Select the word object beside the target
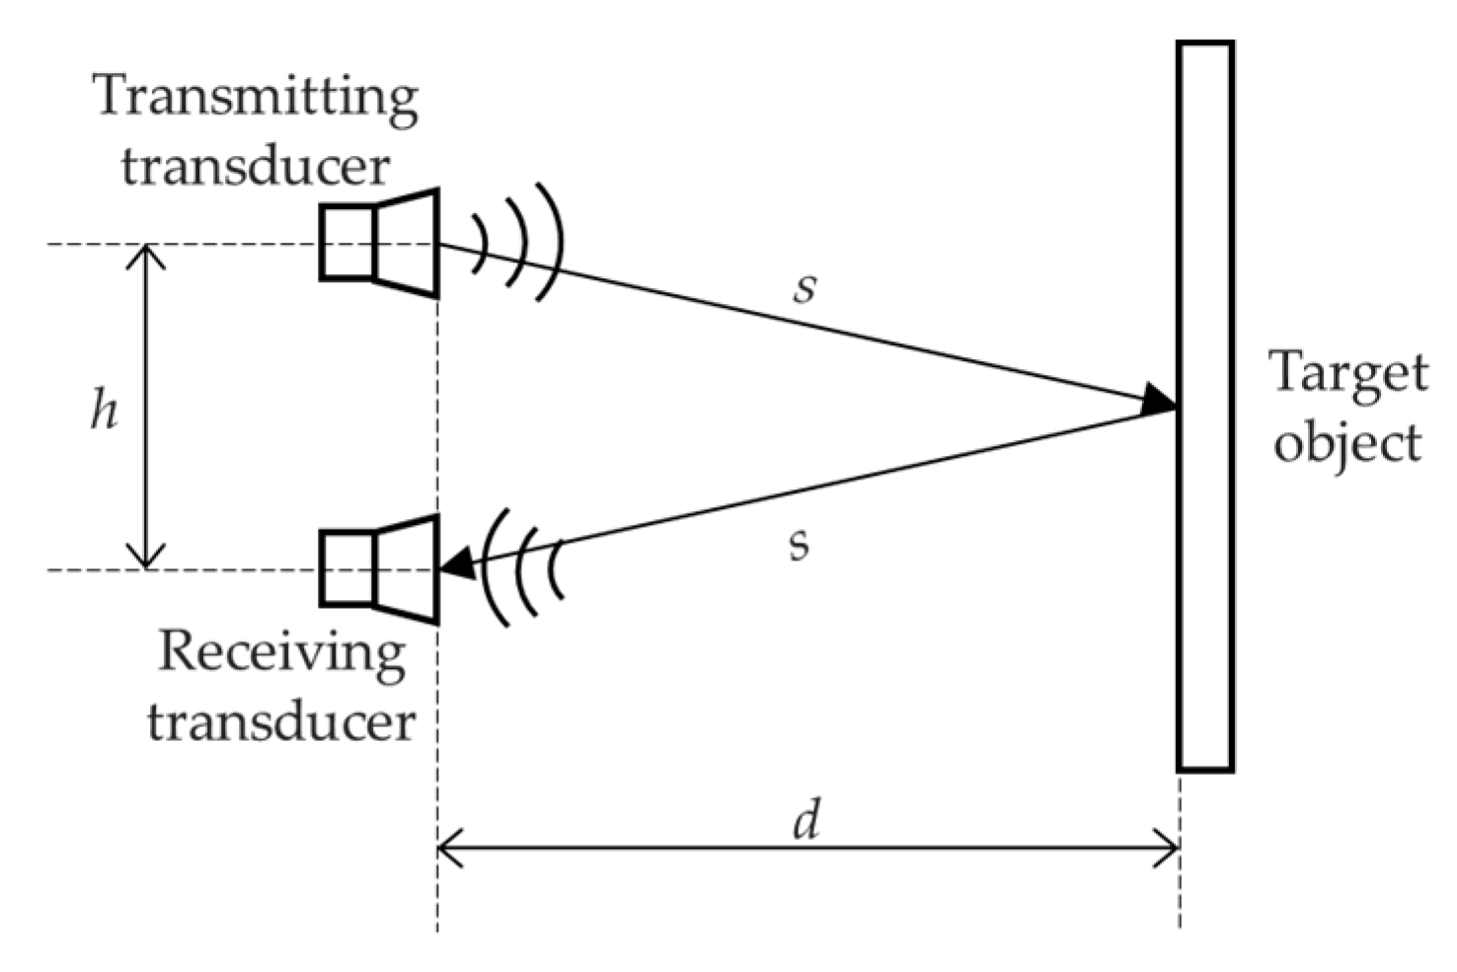[1347, 443]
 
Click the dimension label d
[806, 820]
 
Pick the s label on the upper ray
[805, 287]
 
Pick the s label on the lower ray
[800, 543]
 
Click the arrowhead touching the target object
[1158, 401]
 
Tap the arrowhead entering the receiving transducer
[456, 565]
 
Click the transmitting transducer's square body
[346, 242]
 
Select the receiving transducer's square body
[346, 568]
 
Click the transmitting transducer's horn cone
[407, 243]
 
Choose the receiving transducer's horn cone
[407, 569]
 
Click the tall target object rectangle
[1204, 406]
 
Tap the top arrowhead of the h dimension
[147, 257]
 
